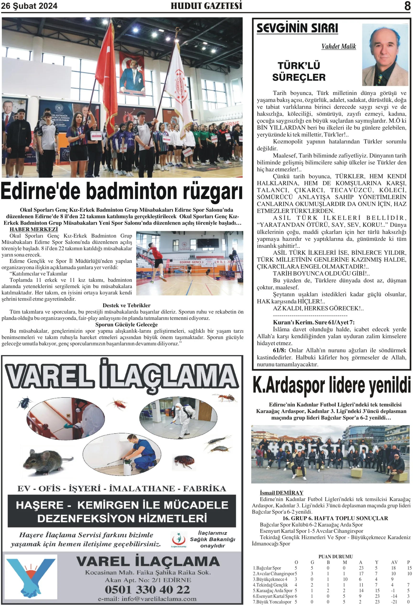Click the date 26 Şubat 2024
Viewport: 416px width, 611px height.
(x=29, y=6)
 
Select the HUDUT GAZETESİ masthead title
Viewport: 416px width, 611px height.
(x=206, y=6)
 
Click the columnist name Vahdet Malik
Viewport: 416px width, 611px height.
(x=338, y=47)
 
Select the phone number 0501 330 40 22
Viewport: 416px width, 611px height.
(x=147, y=590)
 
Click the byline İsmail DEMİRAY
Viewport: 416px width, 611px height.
(x=281, y=493)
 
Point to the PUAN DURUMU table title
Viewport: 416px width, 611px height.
(x=335, y=557)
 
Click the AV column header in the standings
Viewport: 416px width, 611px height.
(x=394, y=562)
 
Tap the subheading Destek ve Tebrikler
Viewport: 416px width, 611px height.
(x=126, y=305)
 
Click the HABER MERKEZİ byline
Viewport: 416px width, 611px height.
(x=34, y=229)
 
